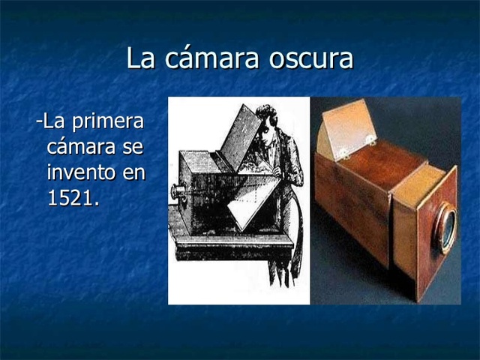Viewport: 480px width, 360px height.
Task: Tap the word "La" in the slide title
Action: point(139,58)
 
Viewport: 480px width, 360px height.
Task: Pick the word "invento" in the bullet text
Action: point(79,172)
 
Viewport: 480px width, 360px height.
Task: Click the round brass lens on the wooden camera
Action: point(446,226)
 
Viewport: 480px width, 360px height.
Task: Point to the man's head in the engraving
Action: point(267,120)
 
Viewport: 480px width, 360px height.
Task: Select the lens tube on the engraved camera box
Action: point(178,190)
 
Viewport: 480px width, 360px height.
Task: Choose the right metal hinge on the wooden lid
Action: point(370,139)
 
